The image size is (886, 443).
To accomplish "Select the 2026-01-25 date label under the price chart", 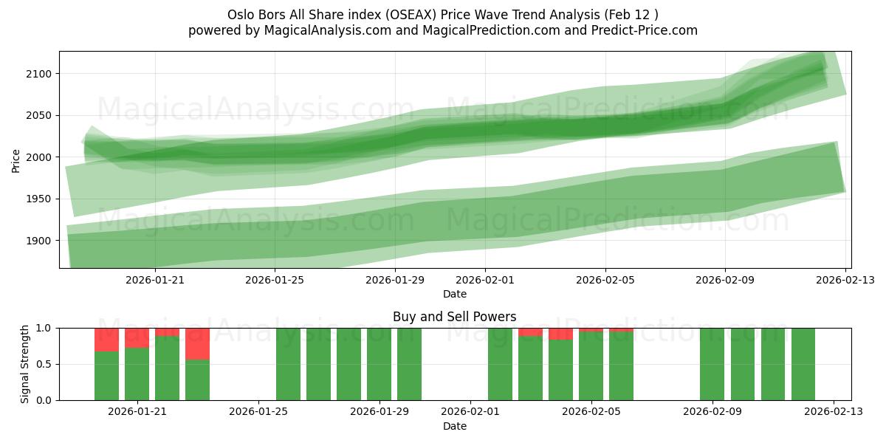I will pos(275,280).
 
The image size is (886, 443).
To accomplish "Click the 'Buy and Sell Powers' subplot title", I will pos(454,317).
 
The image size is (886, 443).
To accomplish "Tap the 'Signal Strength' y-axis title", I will pos(25,364).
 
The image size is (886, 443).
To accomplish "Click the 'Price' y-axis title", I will pos(16,160).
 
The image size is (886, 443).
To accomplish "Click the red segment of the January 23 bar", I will pos(197,343).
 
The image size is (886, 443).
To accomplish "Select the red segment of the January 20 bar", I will pos(106,340).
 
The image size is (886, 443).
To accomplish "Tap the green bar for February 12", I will pos(803,364).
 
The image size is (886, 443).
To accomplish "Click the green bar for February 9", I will pos(712,364).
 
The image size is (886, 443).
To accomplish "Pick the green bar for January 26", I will pos(288,364).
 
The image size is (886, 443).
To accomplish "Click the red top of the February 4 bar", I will pos(560,334).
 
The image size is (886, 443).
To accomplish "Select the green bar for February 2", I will pos(500,364).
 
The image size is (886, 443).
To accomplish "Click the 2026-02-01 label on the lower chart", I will pos(470,411).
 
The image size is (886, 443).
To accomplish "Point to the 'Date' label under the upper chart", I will pos(454,294).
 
